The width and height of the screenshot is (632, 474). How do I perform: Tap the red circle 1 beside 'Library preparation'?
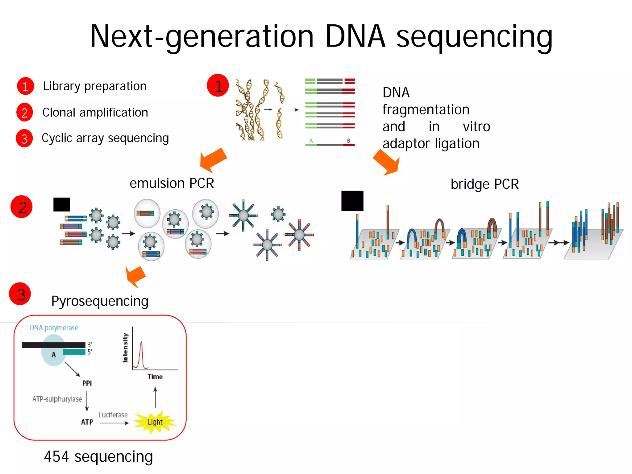[25, 86]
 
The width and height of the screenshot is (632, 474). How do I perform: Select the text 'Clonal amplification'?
[95, 113]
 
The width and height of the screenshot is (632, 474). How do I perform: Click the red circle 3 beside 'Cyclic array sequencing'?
[24, 138]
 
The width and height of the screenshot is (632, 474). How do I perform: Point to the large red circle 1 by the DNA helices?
[218, 85]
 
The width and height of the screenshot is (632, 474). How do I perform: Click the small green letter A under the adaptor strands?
[311, 141]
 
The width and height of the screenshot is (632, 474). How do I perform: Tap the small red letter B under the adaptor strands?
[348, 141]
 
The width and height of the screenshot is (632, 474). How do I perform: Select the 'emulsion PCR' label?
[172, 183]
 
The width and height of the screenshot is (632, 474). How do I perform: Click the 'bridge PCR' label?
[484, 184]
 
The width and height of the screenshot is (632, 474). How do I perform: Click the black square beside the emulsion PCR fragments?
[62, 204]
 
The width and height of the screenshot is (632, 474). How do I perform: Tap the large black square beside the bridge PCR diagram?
[352, 201]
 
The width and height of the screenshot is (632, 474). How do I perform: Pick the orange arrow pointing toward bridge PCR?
[387, 163]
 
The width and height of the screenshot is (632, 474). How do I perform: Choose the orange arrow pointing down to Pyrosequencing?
[135, 276]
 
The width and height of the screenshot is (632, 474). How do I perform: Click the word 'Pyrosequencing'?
[100, 301]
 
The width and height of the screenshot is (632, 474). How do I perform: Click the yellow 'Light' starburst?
[155, 422]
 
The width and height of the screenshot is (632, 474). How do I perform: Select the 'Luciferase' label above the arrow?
[113, 415]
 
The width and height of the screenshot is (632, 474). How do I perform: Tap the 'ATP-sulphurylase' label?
[57, 399]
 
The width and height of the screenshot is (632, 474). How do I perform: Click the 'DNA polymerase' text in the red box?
[54, 328]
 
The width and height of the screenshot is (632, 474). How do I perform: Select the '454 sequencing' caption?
[98, 457]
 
